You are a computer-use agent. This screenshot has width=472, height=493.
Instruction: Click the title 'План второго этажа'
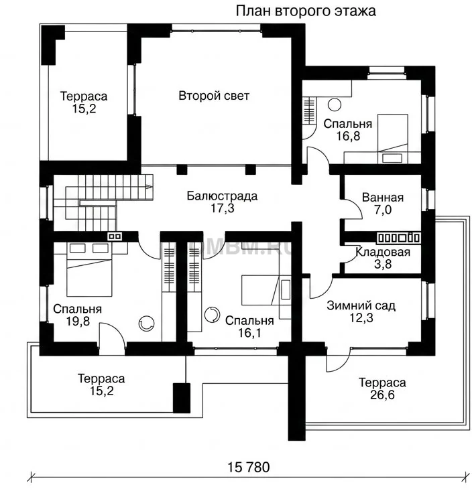click(x=306, y=11)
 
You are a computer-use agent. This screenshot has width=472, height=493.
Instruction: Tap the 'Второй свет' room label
click(x=214, y=96)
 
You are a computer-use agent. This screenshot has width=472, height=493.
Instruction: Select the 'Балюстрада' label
click(x=222, y=196)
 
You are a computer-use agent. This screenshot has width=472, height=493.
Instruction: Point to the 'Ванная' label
click(x=383, y=198)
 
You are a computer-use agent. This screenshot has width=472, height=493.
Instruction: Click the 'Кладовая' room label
click(x=383, y=252)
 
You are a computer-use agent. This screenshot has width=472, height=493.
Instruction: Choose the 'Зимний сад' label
click(x=361, y=305)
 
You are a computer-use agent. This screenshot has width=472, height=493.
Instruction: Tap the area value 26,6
click(x=382, y=395)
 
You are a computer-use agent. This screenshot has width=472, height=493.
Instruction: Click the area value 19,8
click(x=78, y=322)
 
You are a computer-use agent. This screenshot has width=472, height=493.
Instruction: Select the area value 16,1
click(x=249, y=333)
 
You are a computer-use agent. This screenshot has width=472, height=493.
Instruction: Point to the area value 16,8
click(x=348, y=136)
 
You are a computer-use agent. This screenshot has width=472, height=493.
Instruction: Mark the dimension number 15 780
click(x=249, y=468)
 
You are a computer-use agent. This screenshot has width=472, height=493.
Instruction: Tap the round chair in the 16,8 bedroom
click(x=335, y=105)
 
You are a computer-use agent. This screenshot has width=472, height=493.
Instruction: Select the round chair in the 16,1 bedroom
click(x=212, y=314)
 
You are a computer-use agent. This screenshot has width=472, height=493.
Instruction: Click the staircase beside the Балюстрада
click(x=103, y=203)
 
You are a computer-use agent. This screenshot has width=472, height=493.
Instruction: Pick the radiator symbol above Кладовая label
click(x=398, y=238)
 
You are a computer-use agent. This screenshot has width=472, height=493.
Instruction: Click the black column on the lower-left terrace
click(x=182, y=398)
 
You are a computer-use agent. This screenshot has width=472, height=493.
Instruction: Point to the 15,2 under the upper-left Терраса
click(x=84, y=109)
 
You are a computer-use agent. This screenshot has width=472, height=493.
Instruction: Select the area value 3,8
click(x=383, y=264)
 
